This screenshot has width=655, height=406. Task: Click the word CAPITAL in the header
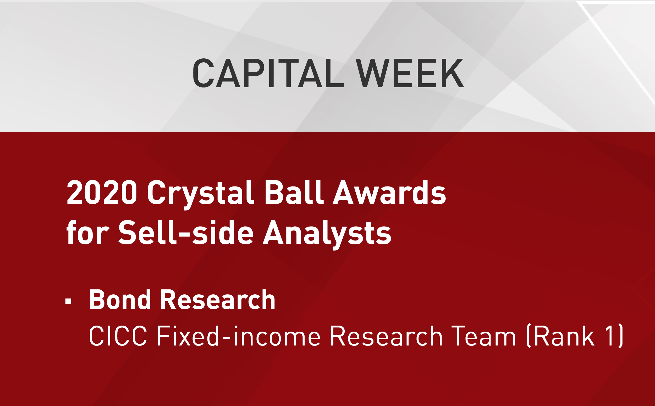tap(269, 73)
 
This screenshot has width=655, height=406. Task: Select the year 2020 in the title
tap(102, 192)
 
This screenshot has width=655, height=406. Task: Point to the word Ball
tap(294, 192)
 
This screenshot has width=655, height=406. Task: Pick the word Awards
tap(389, 192)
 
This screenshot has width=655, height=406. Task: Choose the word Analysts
tap(327, 235)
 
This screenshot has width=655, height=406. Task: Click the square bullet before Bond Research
tap(68, 301)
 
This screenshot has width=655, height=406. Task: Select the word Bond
tap(120, 299)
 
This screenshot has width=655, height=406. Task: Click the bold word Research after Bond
tap(218, 299)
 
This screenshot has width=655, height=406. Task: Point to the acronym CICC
tap(118, 336)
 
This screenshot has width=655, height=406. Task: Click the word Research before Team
tap(386, 336)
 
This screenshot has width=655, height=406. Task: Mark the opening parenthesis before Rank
tap(529, 336)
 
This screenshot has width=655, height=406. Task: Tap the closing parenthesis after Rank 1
tap(620, 336)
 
